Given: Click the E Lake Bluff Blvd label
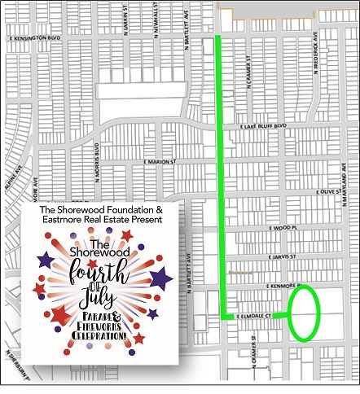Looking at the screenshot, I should pyautogui.click(x=266, y=126).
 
